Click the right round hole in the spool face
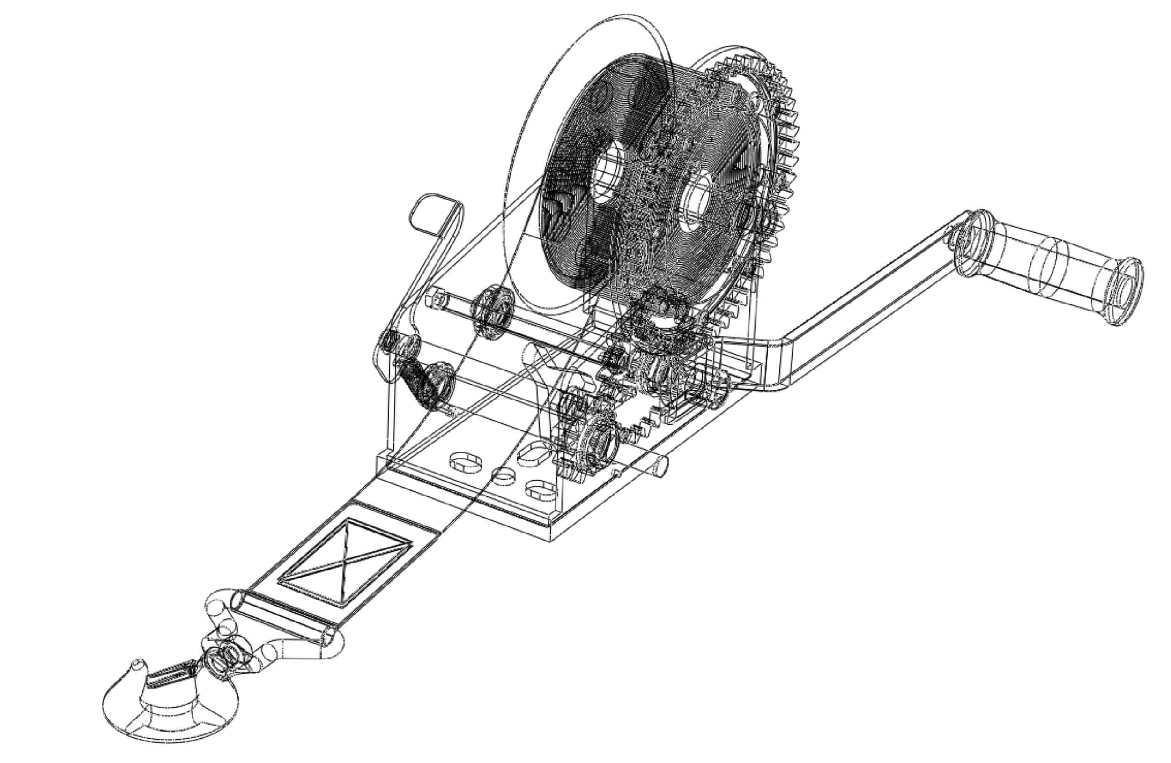tap(696, 202)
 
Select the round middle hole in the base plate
tap(504, 476)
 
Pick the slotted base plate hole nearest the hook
tap(466, 462)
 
